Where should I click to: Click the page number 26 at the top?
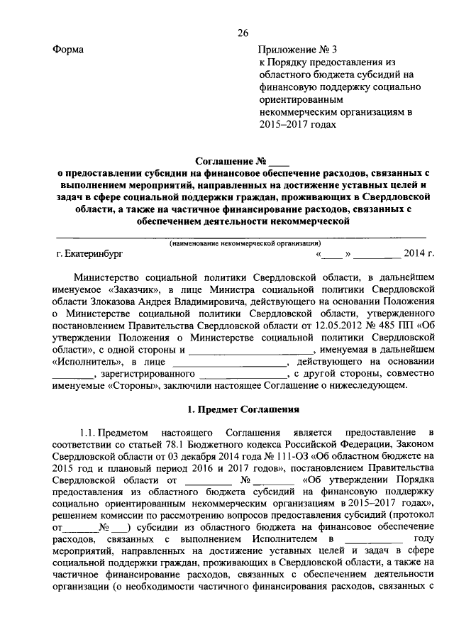pos(243,33)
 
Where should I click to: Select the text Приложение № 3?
pos(293,50)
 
